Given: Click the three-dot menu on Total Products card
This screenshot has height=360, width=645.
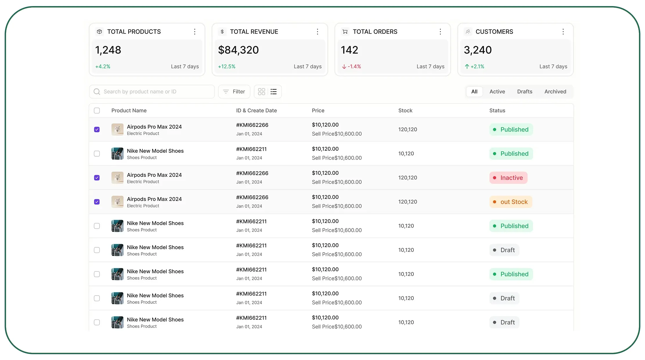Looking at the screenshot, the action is [195, 32].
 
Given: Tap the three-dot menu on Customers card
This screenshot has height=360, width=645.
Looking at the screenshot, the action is [563, 32].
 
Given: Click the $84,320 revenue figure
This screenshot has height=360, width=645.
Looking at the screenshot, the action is [238, 50].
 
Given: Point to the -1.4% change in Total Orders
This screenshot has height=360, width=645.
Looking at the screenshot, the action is [351, 66].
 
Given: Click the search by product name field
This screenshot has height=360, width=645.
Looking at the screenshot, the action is [152, 92].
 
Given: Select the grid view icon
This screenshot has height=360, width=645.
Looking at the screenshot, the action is [261, 92].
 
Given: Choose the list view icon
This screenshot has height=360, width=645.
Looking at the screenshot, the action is [274, 92].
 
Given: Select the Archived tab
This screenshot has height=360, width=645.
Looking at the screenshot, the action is [555, 92].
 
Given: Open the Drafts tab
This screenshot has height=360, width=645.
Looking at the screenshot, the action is [525, 92].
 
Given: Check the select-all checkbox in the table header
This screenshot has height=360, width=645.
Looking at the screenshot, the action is [97, 111].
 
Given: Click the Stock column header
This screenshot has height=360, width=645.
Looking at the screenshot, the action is [405, 111].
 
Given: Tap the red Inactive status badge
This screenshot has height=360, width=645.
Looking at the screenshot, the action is [508, 178].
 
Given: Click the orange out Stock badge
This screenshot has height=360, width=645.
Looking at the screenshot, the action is [511, 202].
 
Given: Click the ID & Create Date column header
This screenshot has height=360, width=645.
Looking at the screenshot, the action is [256, 111].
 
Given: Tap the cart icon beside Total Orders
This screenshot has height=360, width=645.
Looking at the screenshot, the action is [345, 32].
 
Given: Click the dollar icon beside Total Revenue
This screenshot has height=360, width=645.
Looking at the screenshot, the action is [222, 32].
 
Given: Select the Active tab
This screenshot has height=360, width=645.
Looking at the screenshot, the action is [497, 92].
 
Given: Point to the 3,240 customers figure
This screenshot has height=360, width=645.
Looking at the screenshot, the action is [478, 50].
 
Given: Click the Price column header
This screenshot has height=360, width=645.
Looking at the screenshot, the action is [318, 111].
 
